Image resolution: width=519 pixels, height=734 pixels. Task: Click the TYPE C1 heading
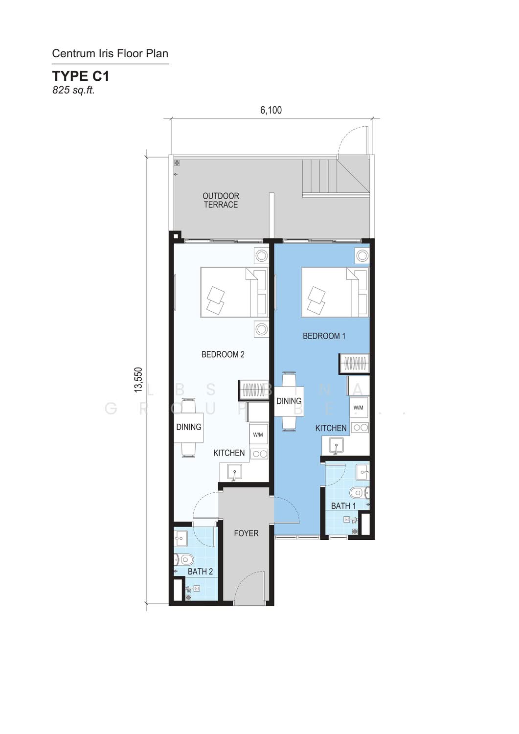pyautogui.click(x=81, y=76)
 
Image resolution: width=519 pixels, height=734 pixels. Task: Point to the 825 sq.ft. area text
pyautogui.click(x=73, y=90)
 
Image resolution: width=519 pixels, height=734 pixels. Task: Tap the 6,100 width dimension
pyautogui.click(x=271, y=110)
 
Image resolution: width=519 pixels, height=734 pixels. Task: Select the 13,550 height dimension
pyautogui.click(x=138, y=380)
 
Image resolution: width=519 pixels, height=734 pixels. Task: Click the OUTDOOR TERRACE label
pyautogui.click(x=221, y=200)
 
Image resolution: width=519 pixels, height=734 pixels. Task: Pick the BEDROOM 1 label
pyautogui.click(x=324, y=336)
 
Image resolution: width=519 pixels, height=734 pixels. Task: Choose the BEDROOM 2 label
pyautogui.click(x=223, y=354)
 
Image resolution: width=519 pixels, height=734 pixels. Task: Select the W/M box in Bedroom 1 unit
pyautogui.click(x=359, y=408)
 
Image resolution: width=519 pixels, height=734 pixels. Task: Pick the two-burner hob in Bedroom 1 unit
pyautogui.click(x=360, y=427)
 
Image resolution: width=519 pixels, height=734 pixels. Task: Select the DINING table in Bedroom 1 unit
pyautogui.click(x=289, y=401)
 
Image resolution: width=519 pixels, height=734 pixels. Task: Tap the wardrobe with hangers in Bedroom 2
pyautogui.click(x=253, y=390)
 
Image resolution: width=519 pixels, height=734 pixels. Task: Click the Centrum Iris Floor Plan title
pyautogui.click(x=110, y=53)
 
